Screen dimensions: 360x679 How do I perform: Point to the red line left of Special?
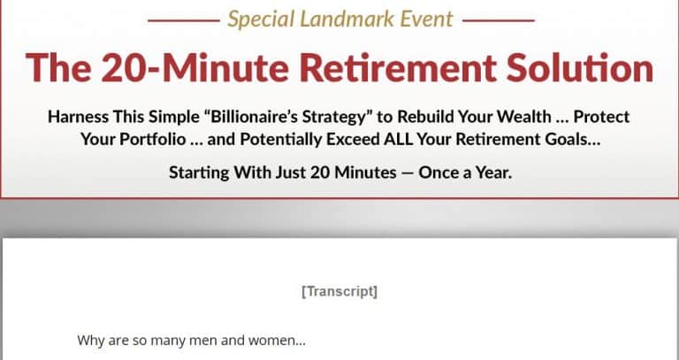point(183,19)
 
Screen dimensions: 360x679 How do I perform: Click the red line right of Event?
point(499,19)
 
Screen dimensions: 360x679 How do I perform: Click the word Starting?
point(201,172)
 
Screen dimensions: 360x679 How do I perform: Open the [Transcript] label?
point(339,291)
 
